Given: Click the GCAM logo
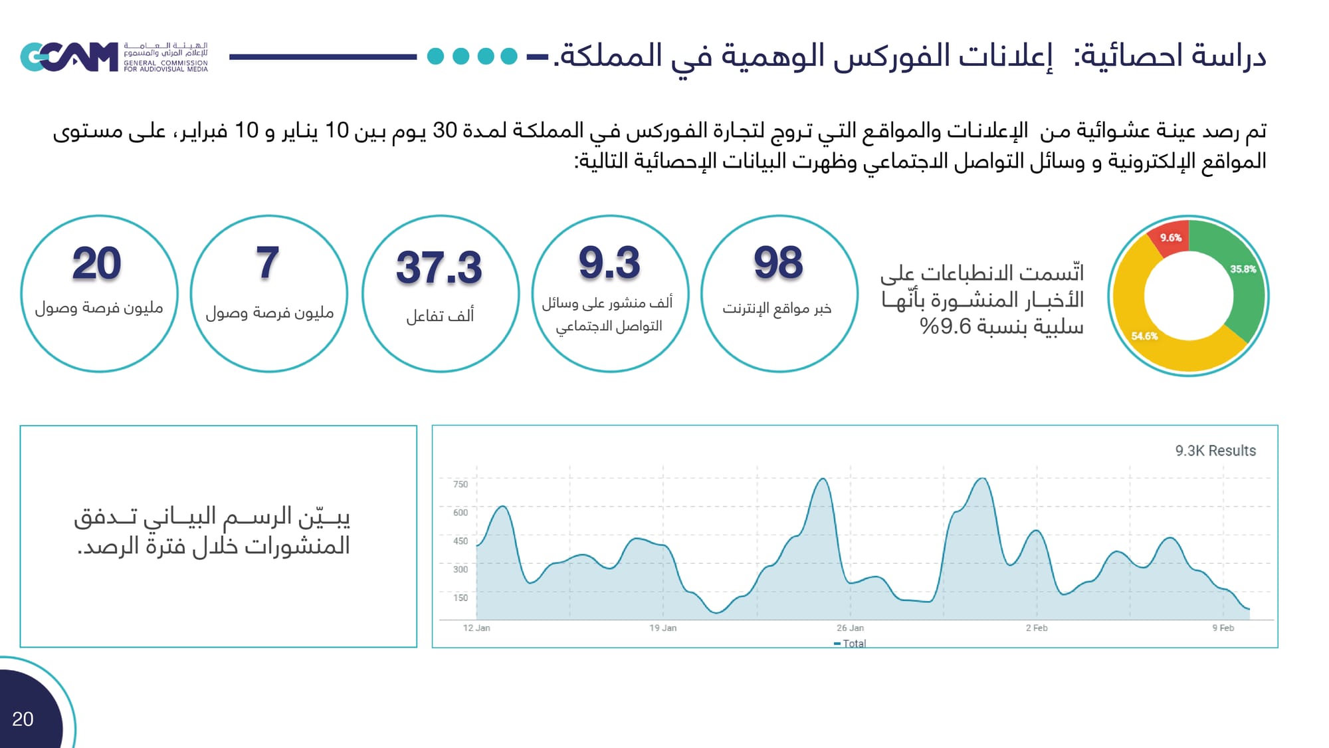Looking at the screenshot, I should pyautogui.click(x=69, y=57).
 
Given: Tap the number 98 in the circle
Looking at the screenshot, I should pyautogui.click(x=778, y=263).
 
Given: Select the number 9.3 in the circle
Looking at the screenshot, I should pyautogui.click(x=609, y=263).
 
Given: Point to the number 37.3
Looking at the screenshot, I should pyautogui.click(x=439, y=267).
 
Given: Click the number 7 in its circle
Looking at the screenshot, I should pyautogui.click(x=268, y=263).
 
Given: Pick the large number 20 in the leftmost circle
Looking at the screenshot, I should pyautogui.click(x=97, y=264).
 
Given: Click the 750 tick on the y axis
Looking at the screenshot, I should pyautogui.click(x=460, y=484).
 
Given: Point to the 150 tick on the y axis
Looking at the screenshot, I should pyautogui.click(x=460, y=598).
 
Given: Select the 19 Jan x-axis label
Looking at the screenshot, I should pyautogui.click(x=663, y=628).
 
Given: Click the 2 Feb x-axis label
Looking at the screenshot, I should pyautogui.click(x=1036, y=628).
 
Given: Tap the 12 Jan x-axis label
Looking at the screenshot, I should pyautogui.click(x=476, y=628).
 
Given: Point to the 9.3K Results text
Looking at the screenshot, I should pyautogui.click(x=1215, y=451).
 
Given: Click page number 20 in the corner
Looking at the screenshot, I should pyautogui.click(x=23, y=719).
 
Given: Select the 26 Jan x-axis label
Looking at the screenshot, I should pyautogui.click(x=850, y=628).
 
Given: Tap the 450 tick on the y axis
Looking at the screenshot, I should pyautogui.click(x=460, y=541).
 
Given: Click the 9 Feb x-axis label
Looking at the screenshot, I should pyautogui.click(x=1223, y=628).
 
